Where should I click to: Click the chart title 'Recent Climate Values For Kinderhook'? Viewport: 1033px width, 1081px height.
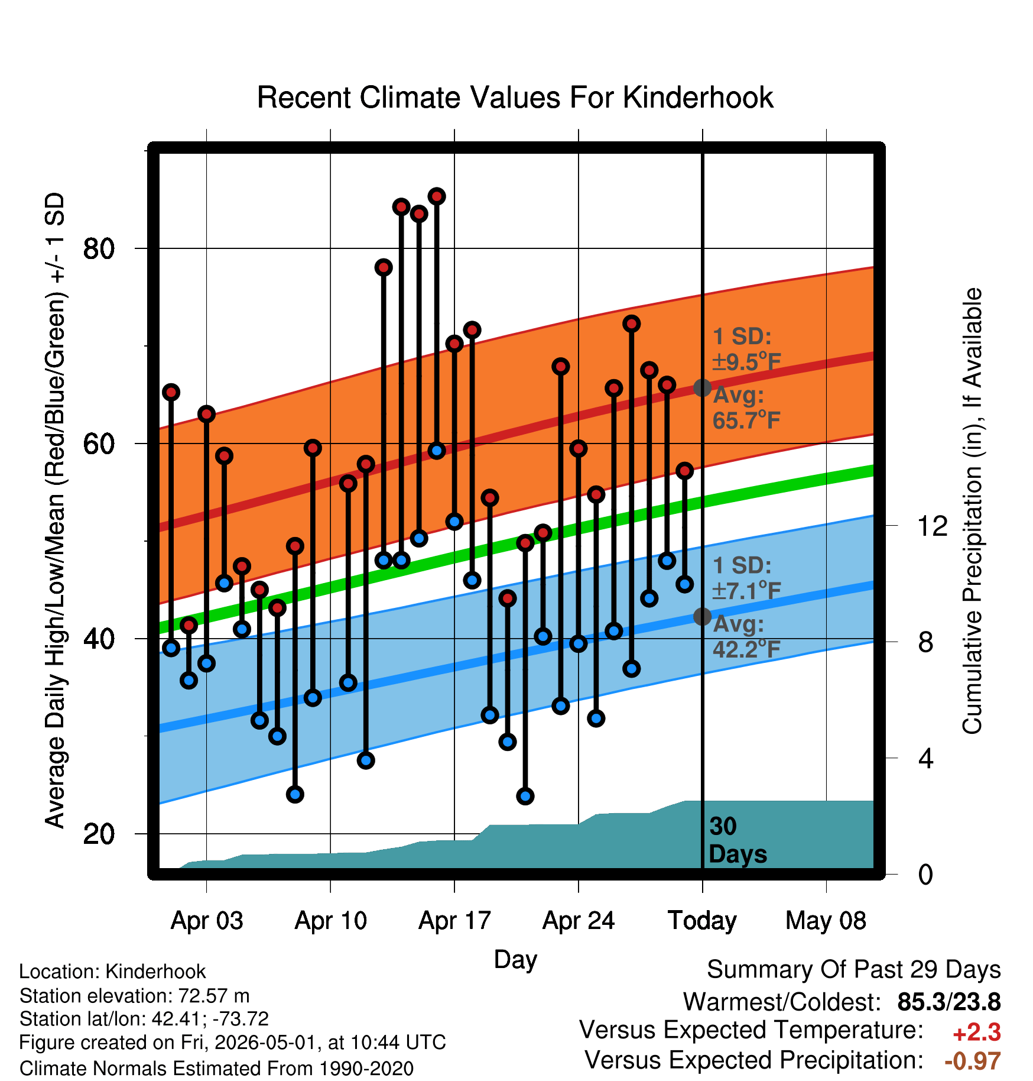[515, 98]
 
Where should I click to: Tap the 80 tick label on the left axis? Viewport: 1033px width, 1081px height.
[99, 248]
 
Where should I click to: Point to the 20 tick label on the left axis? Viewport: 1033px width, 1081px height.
[99, 834]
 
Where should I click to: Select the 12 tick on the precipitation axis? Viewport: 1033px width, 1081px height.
[933, 526]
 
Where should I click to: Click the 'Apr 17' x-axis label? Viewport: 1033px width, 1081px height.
[454, 921]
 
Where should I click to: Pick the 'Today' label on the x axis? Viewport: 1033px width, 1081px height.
[702, 921]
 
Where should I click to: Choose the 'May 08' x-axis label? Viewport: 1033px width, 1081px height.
[826, 921]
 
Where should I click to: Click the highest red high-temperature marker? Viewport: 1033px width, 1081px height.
[437, 196]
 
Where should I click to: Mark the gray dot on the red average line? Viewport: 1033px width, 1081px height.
[702, 388]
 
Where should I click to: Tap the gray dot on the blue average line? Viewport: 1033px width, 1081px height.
[702, 616]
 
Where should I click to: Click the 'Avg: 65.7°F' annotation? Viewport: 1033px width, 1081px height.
[746, 407]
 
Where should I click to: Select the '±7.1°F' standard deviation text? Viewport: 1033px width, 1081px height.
[747, 590]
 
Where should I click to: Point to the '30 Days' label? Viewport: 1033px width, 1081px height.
[738, 840]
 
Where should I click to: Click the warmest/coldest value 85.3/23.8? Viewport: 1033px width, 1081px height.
[949, 1002]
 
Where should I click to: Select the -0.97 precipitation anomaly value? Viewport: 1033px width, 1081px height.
[973, 1061]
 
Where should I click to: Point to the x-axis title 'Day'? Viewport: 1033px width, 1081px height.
[515, 960]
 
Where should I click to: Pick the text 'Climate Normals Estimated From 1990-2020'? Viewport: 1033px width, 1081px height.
[216, 1069]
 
